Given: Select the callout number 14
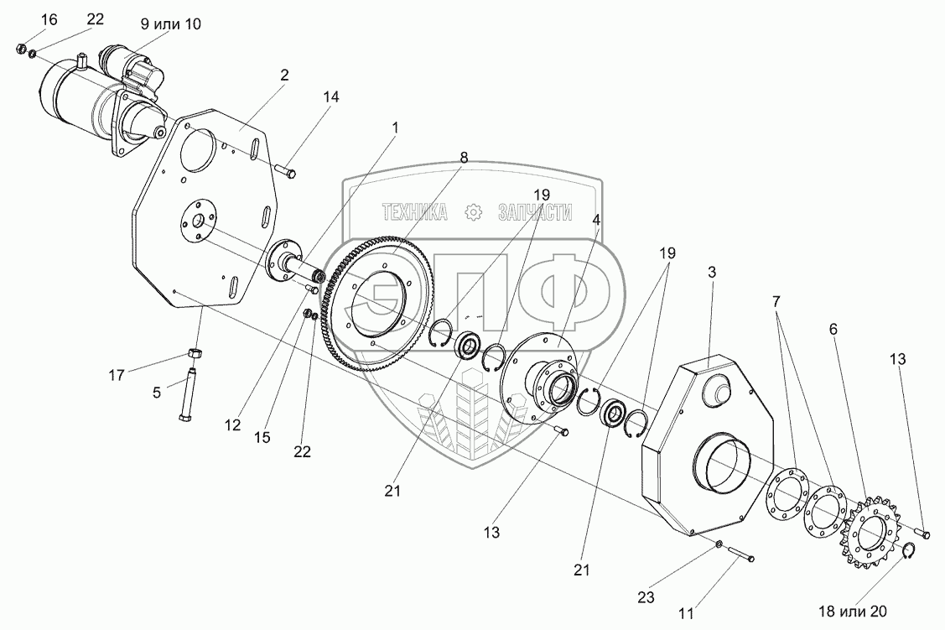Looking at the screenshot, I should click(330, 97).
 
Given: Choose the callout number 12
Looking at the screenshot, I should click(233, 424).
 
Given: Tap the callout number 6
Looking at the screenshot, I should click(833, 330).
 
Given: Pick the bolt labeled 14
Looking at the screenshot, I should click(285, 173).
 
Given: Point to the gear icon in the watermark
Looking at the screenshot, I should click(475, 212).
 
